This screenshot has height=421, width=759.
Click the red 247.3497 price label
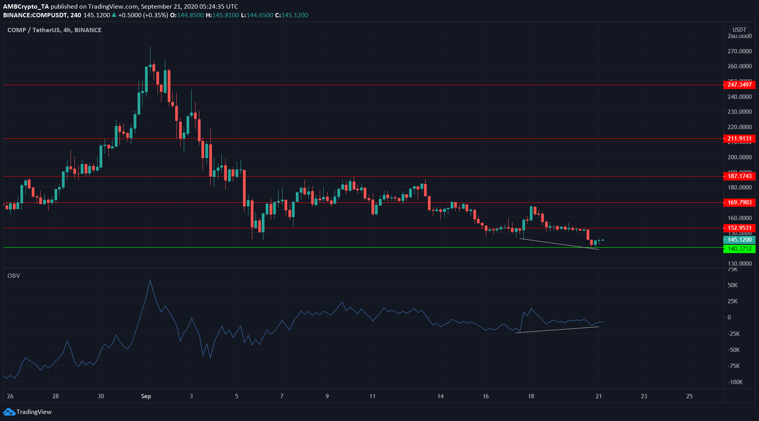click(x=739, y=85)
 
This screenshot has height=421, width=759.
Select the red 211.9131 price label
click(x=739, y=139)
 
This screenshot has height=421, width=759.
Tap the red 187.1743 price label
click(x=739, y=176)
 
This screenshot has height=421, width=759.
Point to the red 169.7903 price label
click(x=739, y=202)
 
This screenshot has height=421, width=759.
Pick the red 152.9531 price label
click(x=739, y=228)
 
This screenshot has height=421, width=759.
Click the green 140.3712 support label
click(x=739, y=249)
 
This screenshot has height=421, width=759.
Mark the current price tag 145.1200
click(x=739, y=240)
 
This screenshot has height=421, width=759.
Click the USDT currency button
click(x=739, y=30)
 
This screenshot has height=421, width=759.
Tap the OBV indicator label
click(x=14, y=276)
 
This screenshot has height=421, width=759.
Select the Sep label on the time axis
click(x=146, y=396)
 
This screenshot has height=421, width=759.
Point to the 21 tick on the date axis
click(x=599, y=396)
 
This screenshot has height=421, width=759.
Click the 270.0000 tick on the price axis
click(x=739, y=51)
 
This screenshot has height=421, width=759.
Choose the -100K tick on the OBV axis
click(x=735, y=382)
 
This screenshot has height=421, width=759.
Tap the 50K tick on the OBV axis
click(x=732, y=285)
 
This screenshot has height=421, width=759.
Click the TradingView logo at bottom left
click(x=27, y=412)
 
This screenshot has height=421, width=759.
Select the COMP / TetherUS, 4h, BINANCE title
click(x=54, y=30)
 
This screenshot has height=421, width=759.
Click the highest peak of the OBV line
click(x=150, y=280)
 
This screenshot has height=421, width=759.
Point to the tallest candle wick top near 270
click(x=150, y=47)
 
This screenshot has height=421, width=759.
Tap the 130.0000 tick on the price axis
click(x=739, y=264)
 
